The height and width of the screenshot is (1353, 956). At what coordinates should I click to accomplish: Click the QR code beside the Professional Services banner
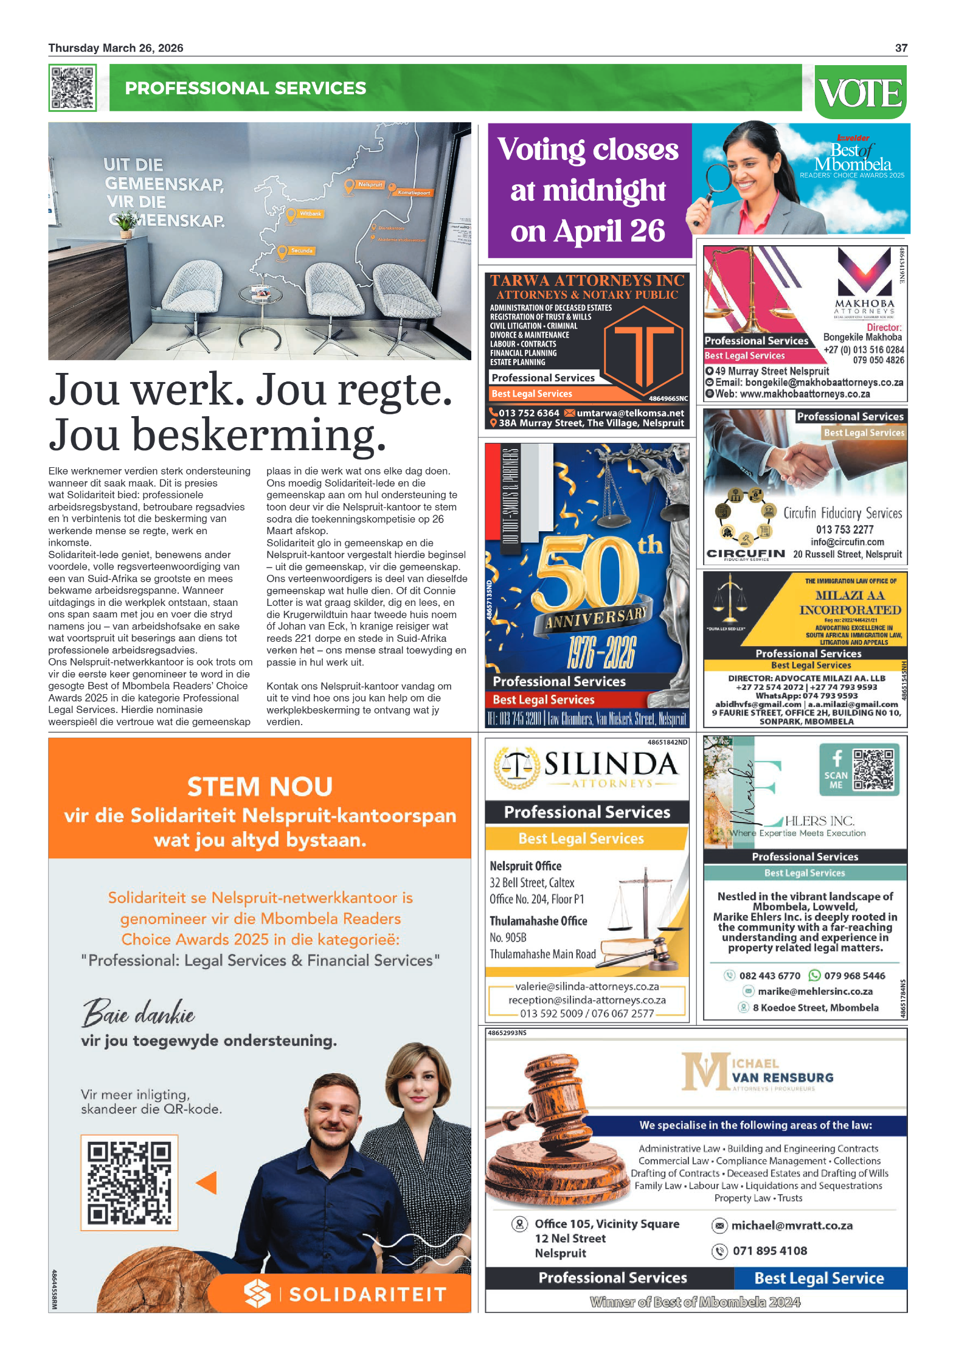tap(72, 88)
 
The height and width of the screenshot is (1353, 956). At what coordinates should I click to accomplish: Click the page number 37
tap(901, 48)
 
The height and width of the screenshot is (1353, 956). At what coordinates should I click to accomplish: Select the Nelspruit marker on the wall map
tap(350, 186)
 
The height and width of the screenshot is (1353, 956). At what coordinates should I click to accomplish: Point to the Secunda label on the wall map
tap(302, 251)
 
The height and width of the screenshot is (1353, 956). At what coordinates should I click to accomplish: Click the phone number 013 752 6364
tap(528, 413)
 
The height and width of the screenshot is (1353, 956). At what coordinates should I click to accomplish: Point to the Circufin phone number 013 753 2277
tap(845, 529)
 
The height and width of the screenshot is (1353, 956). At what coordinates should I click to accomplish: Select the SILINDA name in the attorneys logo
tap(611, 764)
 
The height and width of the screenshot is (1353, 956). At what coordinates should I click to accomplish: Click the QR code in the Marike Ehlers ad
tap(873, 769)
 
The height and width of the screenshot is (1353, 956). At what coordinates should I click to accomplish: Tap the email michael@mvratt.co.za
tap(791, 1225)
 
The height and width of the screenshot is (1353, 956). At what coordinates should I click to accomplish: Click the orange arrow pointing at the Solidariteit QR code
tap(207, 1183)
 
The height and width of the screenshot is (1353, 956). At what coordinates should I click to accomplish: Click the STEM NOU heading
tap(260, 787)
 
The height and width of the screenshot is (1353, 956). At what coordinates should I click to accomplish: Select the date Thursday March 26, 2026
tap(116, 48)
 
